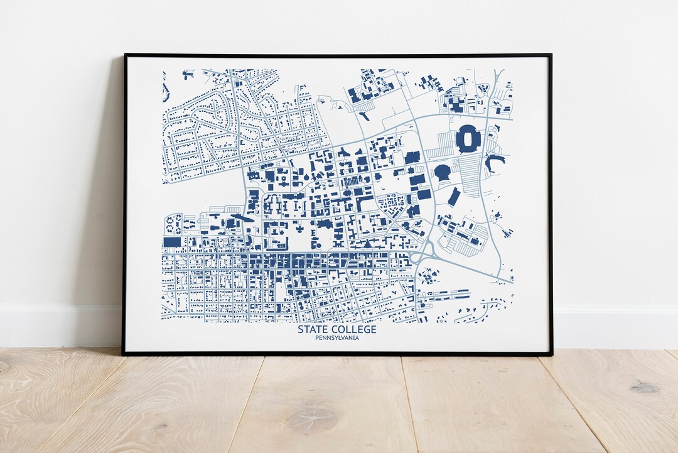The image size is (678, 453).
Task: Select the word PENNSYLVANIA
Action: pyautogui.click(x=337, y=339)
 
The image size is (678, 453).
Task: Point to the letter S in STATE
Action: pyautogui.click(x=300, y=330)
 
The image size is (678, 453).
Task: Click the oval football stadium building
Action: pyautogui.click(x=467, y=138)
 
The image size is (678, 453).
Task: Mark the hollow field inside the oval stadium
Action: pyautogui.click(x=467, y=138)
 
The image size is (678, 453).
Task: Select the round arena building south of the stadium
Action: pyautogui.click(x=443, y=172)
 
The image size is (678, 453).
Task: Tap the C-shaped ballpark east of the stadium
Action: pyautogui.click(x=494, y=163)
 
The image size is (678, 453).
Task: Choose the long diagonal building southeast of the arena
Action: pyautogui.click(x=454, y=197)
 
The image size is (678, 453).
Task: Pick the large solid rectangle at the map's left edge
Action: pyautogui.click(x=172, y=242)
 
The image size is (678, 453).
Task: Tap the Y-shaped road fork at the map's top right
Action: pyautogui.click(x=498, y=78)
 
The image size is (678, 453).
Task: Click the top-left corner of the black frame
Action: pyautogui.click(x=124, y=55)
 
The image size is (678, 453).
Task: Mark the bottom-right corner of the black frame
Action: pyautogui.click(x=551, y=354)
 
